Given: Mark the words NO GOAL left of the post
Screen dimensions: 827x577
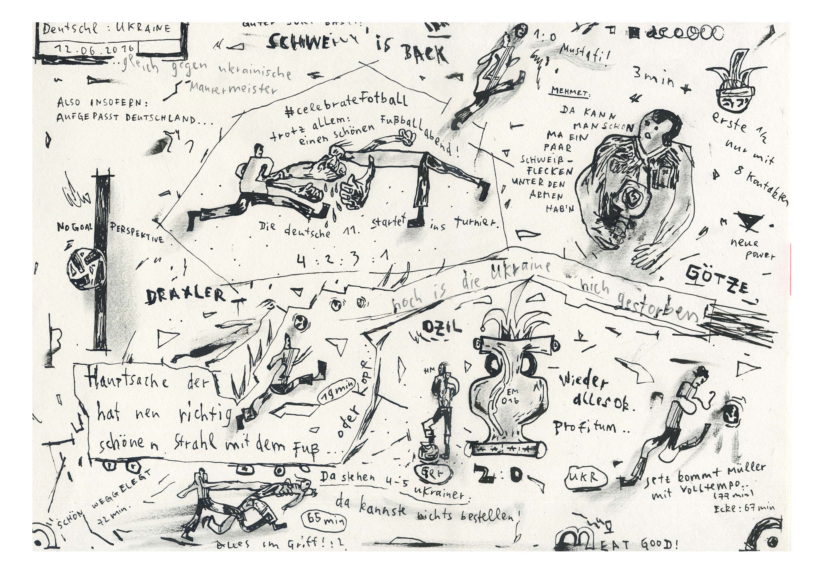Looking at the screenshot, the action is [x=75, y=227].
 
